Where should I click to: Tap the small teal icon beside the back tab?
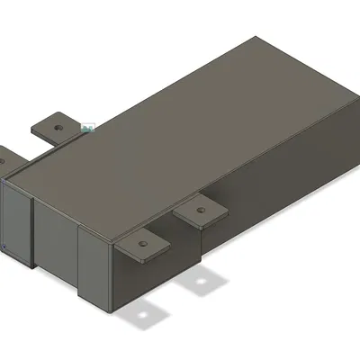87,129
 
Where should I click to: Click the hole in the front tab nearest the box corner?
141,244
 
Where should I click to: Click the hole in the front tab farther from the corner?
201,212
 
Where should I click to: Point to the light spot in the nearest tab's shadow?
143,316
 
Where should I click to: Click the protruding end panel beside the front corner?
94,265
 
